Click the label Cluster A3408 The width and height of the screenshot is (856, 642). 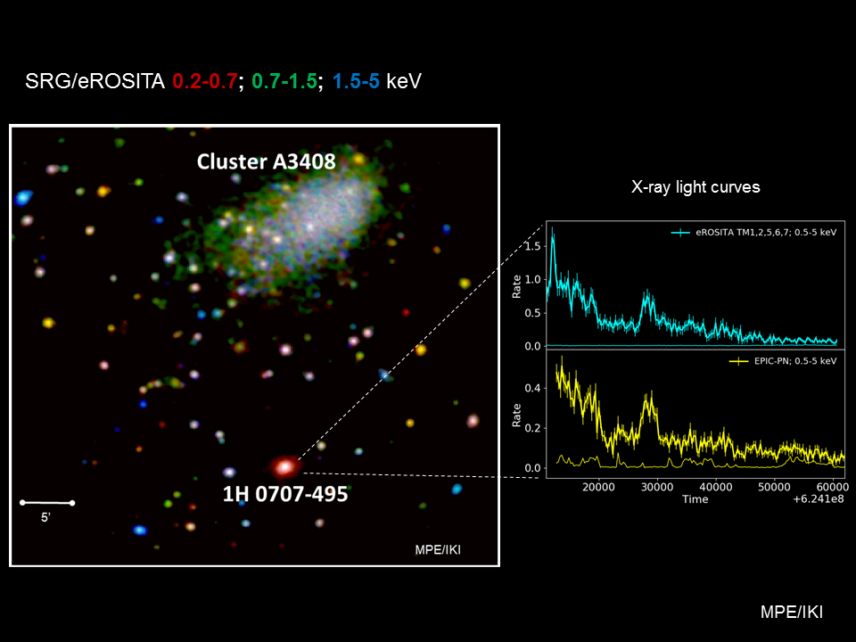(266, 161)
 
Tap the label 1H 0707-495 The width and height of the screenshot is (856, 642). (285, 494)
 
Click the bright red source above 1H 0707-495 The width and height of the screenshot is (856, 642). (284, 466)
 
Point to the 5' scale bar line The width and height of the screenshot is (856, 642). (47, 502)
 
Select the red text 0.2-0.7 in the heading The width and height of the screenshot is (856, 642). (205, 81)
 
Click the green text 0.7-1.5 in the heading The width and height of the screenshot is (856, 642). (284, 81)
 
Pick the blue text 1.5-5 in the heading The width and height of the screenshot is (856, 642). (356, 81)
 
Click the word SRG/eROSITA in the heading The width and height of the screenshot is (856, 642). (95, 81)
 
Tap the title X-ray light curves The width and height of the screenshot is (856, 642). (695, 187)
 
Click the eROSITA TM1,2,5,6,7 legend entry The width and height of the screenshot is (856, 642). (754, 233)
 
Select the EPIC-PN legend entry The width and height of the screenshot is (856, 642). (783, 361)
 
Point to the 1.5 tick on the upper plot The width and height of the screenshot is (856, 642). (533, 246)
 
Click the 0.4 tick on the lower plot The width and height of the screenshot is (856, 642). (533, 388)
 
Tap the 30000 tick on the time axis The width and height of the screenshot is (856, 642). (657, 487)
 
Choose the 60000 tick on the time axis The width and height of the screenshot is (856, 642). (832, 487)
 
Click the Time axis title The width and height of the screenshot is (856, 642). (695, 499)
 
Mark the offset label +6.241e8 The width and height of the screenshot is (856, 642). (819, 499)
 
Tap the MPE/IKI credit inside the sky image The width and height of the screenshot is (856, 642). (438, 550)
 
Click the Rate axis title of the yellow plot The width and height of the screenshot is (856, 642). (516, 416)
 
